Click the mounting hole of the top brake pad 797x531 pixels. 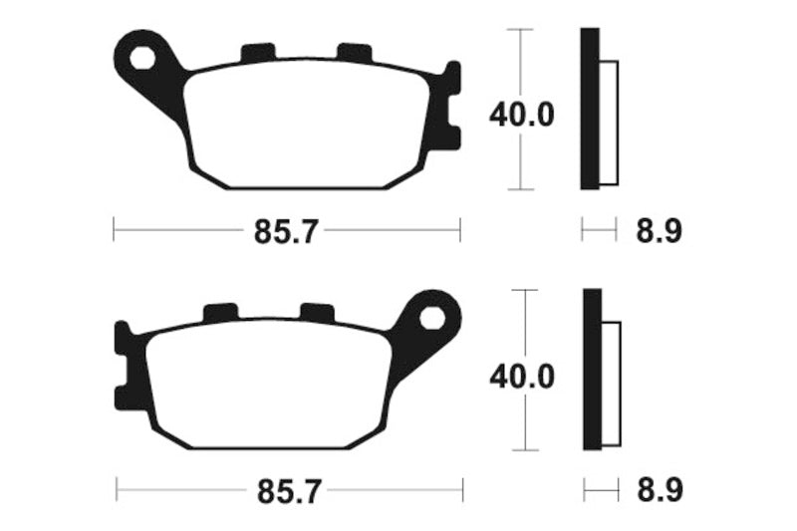tap(143, 57)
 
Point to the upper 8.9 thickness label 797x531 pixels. tap(658, 232)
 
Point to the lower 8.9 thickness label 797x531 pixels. tap(658, 491)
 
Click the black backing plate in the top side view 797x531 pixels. tap(590, 110)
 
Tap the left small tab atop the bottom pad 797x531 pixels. tap(220, 313)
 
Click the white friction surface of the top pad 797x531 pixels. tap(309, 125)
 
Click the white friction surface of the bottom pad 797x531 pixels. tap(269, 384)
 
